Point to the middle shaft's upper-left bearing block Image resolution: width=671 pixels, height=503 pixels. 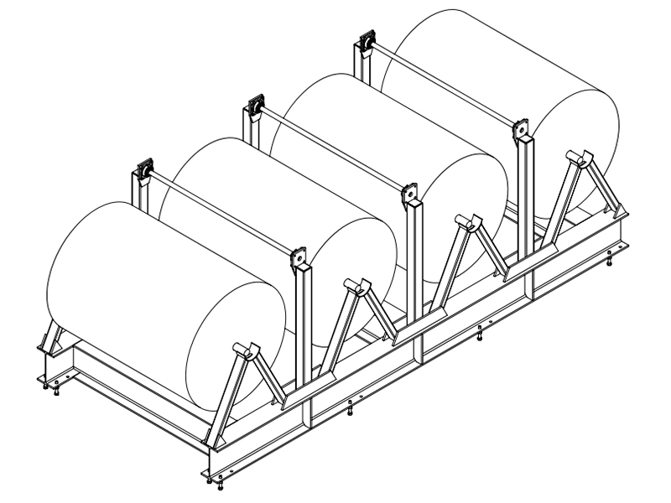coord(254,106)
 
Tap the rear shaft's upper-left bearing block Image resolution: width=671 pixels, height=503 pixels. coord(367,42)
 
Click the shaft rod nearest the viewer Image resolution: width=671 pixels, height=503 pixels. coord(222,215)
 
